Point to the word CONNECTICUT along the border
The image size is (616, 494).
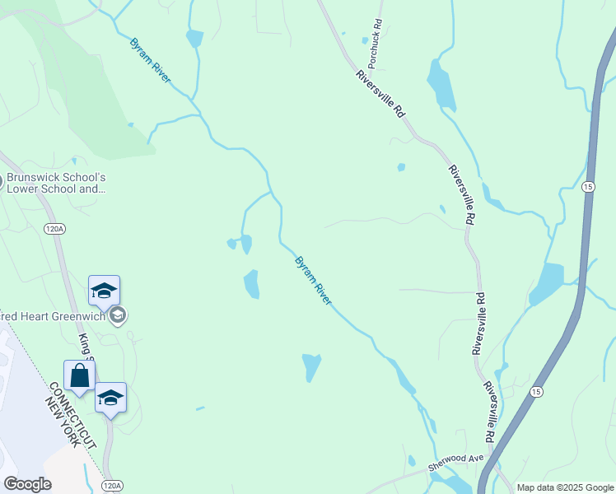72,415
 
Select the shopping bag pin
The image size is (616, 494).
79,376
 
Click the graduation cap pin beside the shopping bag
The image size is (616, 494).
110,398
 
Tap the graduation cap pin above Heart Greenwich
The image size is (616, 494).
104,291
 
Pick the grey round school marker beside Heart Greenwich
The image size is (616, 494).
117,315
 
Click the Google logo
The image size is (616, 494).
27,484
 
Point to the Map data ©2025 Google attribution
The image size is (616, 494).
564,487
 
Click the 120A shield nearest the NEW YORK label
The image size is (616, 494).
113,487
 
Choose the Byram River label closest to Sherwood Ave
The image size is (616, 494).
314,281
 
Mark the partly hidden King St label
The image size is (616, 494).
85,346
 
